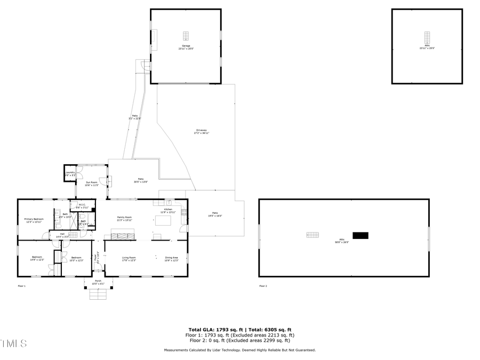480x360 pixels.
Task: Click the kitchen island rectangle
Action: click(x=163, y=220)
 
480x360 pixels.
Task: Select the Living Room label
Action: click(x=129, y=259)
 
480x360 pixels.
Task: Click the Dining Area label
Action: click(x=171, y=259)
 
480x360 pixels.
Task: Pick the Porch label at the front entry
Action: click(x=98, y=282)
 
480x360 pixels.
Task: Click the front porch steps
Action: click(x=98, y=294)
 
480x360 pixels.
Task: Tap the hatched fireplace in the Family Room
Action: click(x=123, y=235)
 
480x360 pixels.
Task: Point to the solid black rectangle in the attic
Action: click(x=361, y=235)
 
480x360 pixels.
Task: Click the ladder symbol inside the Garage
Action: click(x=186, y=36)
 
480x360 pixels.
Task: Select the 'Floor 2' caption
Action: click(x=263, y=286)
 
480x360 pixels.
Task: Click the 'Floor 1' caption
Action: click(x=22, y=286)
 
